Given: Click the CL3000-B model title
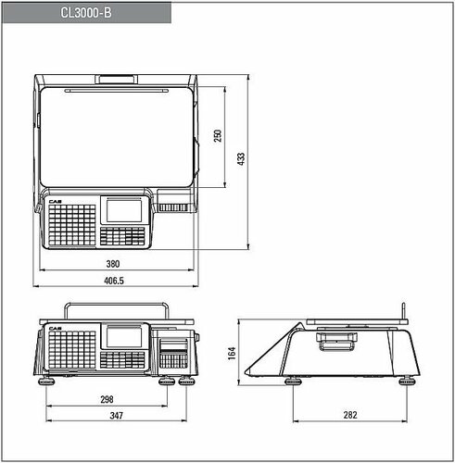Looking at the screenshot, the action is click(86, 13).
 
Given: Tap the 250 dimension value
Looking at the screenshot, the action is click(218, 136).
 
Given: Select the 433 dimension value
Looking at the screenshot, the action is click(241, 158).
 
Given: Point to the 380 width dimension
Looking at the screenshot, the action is click(113, 264).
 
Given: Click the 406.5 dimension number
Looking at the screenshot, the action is click(114, 281).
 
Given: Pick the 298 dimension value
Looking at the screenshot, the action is click(107, 400).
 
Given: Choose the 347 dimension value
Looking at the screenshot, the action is click(117, 416).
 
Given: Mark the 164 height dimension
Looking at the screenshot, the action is click(232, 353).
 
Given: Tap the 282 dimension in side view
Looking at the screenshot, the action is click(350, 415).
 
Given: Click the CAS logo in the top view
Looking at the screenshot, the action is click(55, 202).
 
